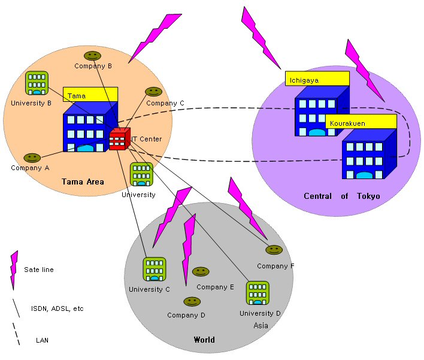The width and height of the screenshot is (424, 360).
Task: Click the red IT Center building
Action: point(120,139)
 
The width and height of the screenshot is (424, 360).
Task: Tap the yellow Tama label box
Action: point(90,95)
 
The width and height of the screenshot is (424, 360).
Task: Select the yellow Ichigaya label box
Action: point(317,78)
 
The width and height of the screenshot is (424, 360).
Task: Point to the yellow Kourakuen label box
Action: point(361,122)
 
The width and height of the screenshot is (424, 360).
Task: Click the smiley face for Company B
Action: point(92,56)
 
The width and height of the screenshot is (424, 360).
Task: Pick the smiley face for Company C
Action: point(153,92)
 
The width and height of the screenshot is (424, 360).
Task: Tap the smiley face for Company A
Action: point(32,158)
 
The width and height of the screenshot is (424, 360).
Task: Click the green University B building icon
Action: point(37,83)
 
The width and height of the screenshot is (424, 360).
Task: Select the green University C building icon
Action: point(155,270)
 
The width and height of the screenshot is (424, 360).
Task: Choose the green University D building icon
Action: point(258,293)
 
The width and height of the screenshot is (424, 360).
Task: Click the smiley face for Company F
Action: point(274,250)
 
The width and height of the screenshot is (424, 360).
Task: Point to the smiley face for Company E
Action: point(201,271)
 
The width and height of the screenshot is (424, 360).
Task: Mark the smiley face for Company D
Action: point(192,301)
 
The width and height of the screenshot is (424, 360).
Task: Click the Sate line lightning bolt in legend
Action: point(14,270)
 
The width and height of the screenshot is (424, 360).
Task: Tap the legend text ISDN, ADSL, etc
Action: point(57,308)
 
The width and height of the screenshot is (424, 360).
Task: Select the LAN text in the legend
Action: point(42,340)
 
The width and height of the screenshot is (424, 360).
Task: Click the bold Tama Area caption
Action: point(83,181)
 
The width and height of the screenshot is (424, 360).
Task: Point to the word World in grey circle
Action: point(204,340)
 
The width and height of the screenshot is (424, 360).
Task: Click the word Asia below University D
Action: point(261,325)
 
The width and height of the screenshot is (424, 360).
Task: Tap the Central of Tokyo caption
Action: point(342,196)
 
